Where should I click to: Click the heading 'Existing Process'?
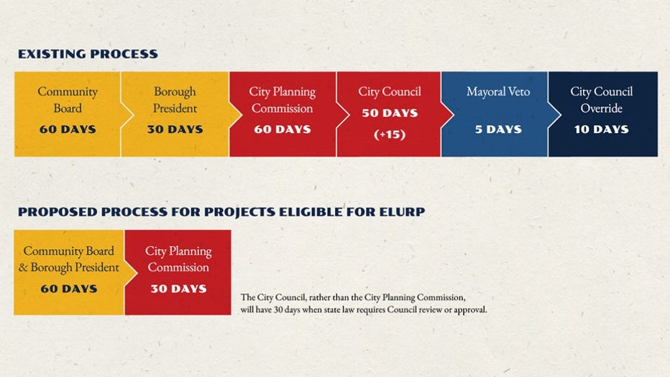(88, 54)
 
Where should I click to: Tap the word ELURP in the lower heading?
(401, 212)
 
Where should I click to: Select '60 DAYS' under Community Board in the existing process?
(68, 129)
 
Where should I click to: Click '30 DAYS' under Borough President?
(175, 129)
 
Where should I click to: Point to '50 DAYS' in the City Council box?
(389, 113)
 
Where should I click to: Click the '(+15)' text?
(389, 135)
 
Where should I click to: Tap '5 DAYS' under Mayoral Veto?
(498, 129)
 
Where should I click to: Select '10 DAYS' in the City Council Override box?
(601, 129)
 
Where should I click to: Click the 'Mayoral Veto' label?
(498, 91)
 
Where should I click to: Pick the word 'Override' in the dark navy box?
(601, 108)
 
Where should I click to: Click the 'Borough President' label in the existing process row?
(175, 99)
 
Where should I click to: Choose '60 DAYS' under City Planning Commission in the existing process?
(283, 129)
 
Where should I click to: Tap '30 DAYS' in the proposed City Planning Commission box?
(178, 289)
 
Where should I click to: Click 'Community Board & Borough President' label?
(68, 259)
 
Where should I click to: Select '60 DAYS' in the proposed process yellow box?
(69, 289)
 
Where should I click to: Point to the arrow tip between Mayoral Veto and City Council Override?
(561, 114)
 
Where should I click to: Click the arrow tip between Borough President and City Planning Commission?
(242, 114)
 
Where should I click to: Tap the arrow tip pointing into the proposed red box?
(137, 273)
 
